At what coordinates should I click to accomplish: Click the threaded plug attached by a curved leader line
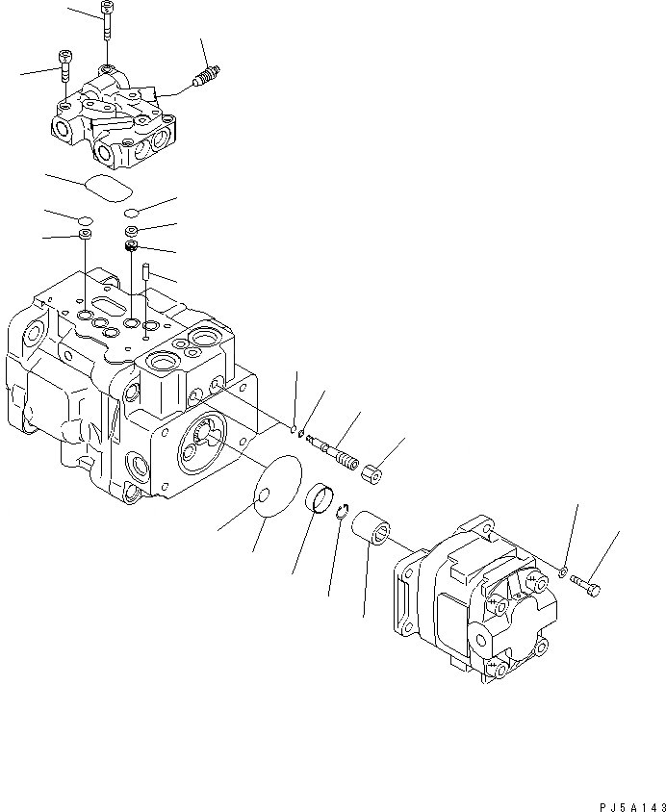(x=205, y=78)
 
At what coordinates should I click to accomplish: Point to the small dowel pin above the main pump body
(x=144, y=272)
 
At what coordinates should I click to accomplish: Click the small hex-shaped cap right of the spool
(x=373, y=473)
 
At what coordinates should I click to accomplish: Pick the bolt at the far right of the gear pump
(x=586, y=583)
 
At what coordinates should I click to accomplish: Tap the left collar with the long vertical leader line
(x=87, y=234)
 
